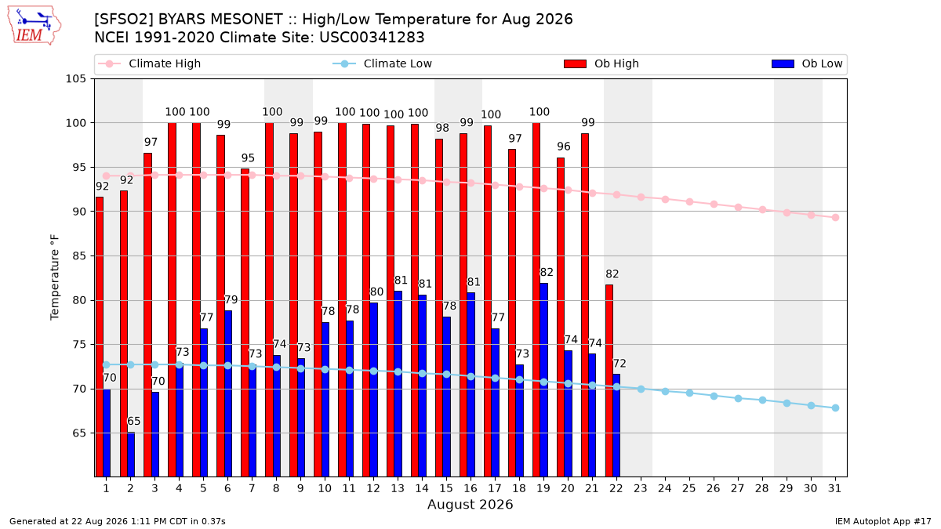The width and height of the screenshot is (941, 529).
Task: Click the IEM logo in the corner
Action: [x=35, y=25]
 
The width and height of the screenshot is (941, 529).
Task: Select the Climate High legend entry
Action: [x=149, y=63]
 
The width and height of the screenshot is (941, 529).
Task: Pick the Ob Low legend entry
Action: [x=807, y=63]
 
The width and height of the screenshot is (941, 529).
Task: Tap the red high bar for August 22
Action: [x=609, y=380]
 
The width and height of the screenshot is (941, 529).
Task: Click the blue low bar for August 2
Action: [x=131, y=455]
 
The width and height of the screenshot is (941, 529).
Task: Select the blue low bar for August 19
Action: [x=543, y=380]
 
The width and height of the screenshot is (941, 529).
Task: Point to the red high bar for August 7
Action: [x=245, y=323]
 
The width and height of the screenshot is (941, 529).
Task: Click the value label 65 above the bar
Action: [x=133, y=421]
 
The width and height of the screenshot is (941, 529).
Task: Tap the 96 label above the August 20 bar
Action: [x=564, y=147]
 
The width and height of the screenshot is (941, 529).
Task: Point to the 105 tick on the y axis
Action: [x=75, y=79]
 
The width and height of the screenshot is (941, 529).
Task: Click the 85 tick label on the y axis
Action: [x=79, y=256]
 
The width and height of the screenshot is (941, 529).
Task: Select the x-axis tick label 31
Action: [x=834, y=489]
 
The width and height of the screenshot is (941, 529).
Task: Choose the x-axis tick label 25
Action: [x=689, y=489]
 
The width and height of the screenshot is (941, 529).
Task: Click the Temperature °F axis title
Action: [x=55, y=277]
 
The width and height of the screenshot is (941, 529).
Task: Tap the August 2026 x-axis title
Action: [x=470, y=504]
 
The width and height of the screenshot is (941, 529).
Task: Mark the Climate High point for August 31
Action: [x=836, y=218]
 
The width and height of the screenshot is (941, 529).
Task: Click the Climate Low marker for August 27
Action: [x=738, y=398]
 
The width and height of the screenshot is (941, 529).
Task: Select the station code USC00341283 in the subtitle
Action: [x=372, y=38]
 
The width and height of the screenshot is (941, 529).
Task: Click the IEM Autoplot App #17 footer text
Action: [x=883, y=521]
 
